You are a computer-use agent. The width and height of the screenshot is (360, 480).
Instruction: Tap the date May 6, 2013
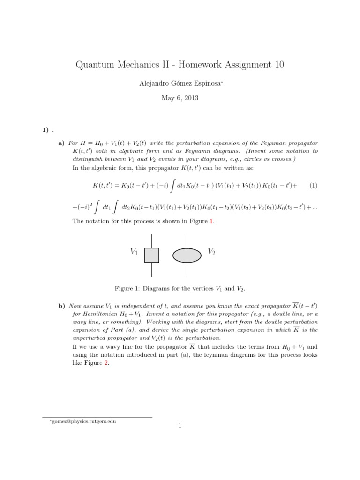click(x=180, y=98)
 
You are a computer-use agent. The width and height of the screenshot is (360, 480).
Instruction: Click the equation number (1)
click(x=314, y=185)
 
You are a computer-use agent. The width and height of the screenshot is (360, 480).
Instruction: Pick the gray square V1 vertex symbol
click(x=151, y=255)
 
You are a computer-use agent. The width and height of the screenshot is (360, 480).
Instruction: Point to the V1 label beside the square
click(x=134, y=252)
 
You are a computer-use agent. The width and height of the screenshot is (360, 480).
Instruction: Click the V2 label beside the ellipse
click(x=211, y=252)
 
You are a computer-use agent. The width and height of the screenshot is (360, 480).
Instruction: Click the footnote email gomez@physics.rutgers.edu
click(x=83, y=421)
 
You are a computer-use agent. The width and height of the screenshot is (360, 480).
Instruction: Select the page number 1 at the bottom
click(x=180, y=426)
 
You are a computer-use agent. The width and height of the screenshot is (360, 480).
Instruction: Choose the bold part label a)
click(x=61, y=143)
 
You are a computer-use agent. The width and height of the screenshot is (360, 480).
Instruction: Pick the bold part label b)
click(x=61, y=306)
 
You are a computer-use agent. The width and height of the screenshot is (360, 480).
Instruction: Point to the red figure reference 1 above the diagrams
click(x=212, y=221)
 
